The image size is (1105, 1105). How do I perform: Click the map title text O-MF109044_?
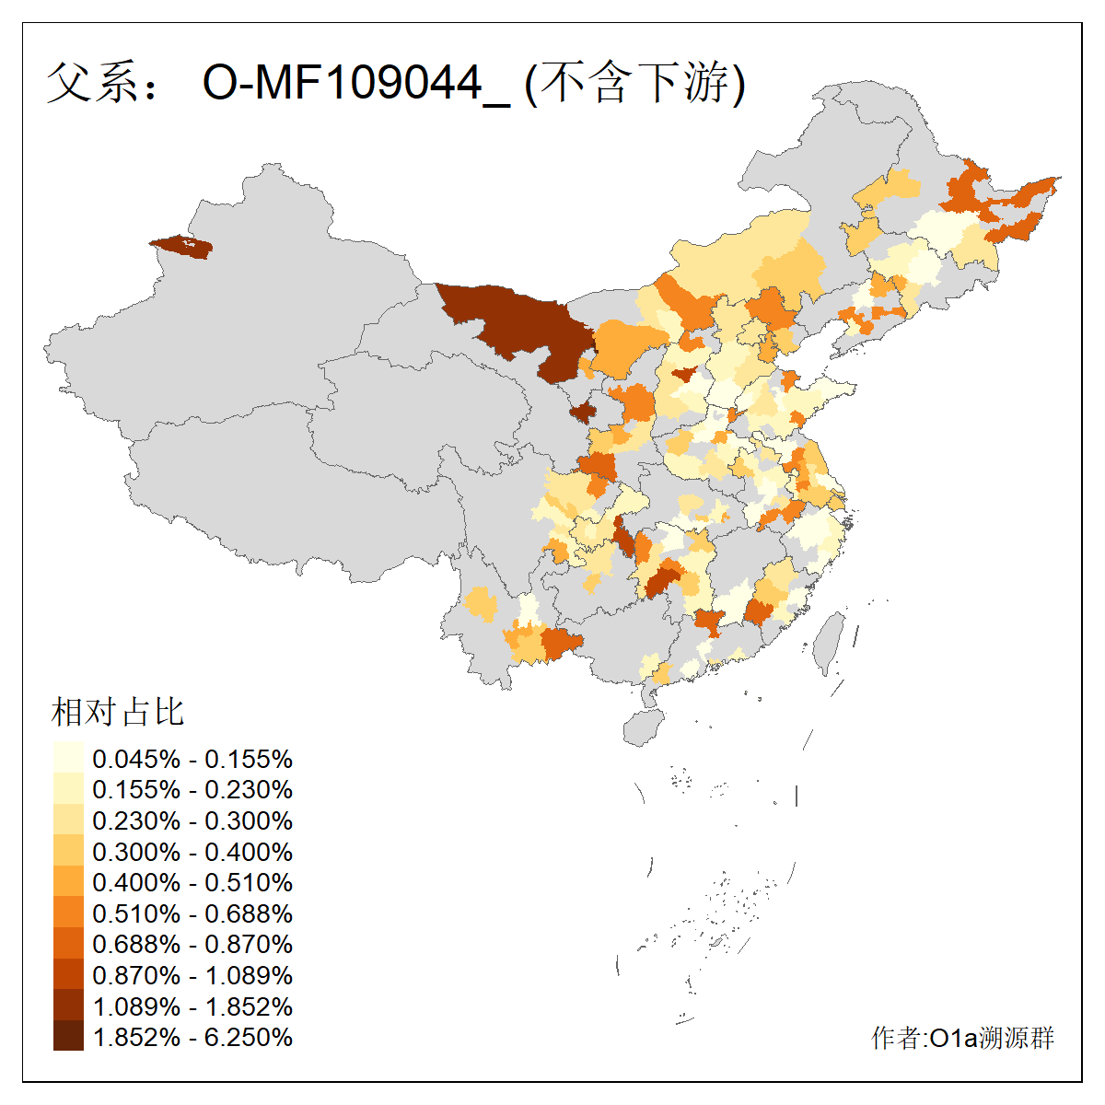[355, 83]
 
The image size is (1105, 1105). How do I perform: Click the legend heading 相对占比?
[118, 712]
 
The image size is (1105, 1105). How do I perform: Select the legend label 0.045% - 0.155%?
[192, 759]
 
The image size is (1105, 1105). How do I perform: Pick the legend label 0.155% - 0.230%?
[192, 790]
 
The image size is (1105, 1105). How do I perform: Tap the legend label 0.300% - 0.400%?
[192, 852]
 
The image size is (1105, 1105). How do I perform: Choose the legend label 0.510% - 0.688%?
[192, 913]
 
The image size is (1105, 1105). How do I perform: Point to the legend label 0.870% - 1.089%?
[192, 975]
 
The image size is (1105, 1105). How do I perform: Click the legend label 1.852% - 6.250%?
[192, 1037]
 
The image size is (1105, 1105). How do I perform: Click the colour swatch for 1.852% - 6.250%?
[68, 1037]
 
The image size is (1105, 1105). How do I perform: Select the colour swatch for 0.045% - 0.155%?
[68, 759]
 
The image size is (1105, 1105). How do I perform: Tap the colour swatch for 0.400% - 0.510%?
[68, 882]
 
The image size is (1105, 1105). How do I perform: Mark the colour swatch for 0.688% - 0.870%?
[68, 944]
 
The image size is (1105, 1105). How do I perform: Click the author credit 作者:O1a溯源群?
[962, 1038]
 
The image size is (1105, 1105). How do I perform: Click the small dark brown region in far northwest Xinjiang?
[182, 247]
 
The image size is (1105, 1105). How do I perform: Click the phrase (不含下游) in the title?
[634, 83]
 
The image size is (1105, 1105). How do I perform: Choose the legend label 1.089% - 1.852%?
[192, 1006]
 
